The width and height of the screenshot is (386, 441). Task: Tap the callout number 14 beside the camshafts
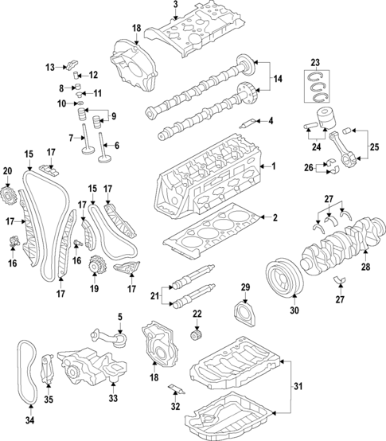277,80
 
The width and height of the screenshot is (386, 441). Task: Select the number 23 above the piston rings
316,61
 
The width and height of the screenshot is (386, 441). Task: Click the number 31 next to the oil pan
299,387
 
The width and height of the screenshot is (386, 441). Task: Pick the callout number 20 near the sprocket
8,170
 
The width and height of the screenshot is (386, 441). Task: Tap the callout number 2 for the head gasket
275,218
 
